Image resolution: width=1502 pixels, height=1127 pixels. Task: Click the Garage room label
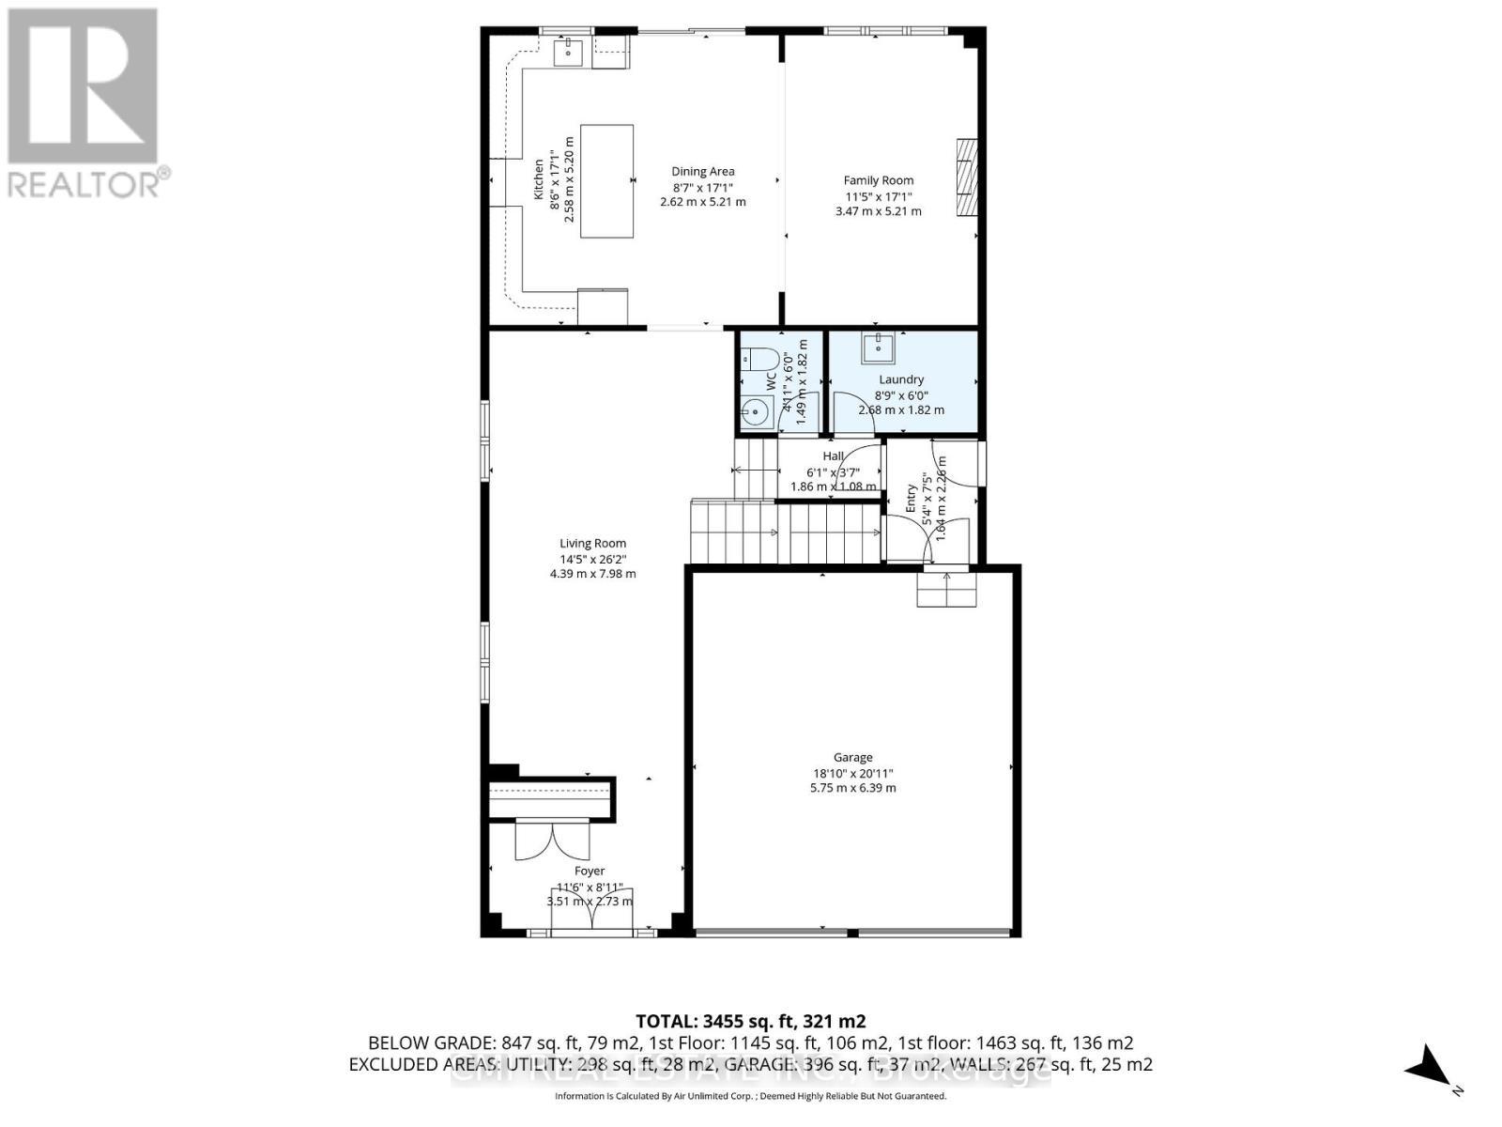pyautogui.click(x=852, y=757)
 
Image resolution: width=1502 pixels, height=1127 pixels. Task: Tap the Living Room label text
pyautogui.click(x=592, y=543)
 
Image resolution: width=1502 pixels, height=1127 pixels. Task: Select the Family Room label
pyautogui.click(x=878, y=180)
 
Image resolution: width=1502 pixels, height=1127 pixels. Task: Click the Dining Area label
pyautogui.click(x=702, y=171)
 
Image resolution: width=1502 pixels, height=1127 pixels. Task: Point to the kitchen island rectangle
pyautogui.click(x=606, y=180)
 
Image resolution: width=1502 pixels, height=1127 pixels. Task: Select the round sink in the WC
pyautogui.click(x=756, y=412)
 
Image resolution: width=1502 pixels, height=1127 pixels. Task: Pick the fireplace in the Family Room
pyautogui.click(x=966, y=178)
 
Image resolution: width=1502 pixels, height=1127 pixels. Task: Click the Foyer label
pyautogui.click(x=590, y=871)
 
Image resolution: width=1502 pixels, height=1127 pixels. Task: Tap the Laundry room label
pyautogui.click(x=901, y=379)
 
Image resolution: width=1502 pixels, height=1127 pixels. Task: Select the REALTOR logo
pyautogui.click(x=84, y=103)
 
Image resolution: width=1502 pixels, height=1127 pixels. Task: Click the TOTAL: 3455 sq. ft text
pyautogui.click(x=750, y=1021)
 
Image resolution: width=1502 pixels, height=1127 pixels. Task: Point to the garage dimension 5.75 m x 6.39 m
pyautogui.click(x=852, y=788)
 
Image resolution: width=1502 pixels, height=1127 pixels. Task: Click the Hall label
pyautogui.click(x=833, y=456)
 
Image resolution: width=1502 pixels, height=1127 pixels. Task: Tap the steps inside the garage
pyautogui.click(x=946, y=589)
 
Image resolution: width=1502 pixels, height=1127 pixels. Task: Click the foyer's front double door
pyautogui.click(x=591, y=912)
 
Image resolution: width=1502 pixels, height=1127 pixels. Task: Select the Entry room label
pyautogui.click(x=911, y=499)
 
